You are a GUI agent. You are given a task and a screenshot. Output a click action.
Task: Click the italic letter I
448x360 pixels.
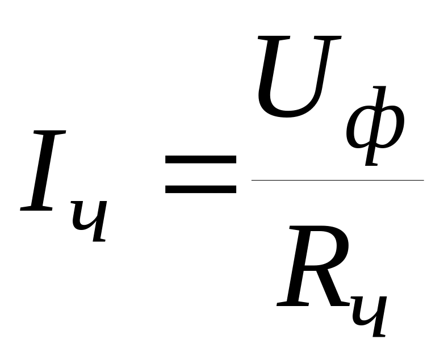pos(44,171)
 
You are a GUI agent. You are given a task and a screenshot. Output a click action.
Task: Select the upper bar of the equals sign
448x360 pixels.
pos(200,160)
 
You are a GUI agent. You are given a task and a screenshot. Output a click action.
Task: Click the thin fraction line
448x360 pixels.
pos(337,180)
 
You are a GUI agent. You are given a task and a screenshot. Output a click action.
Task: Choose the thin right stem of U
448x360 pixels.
pos(326,68)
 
